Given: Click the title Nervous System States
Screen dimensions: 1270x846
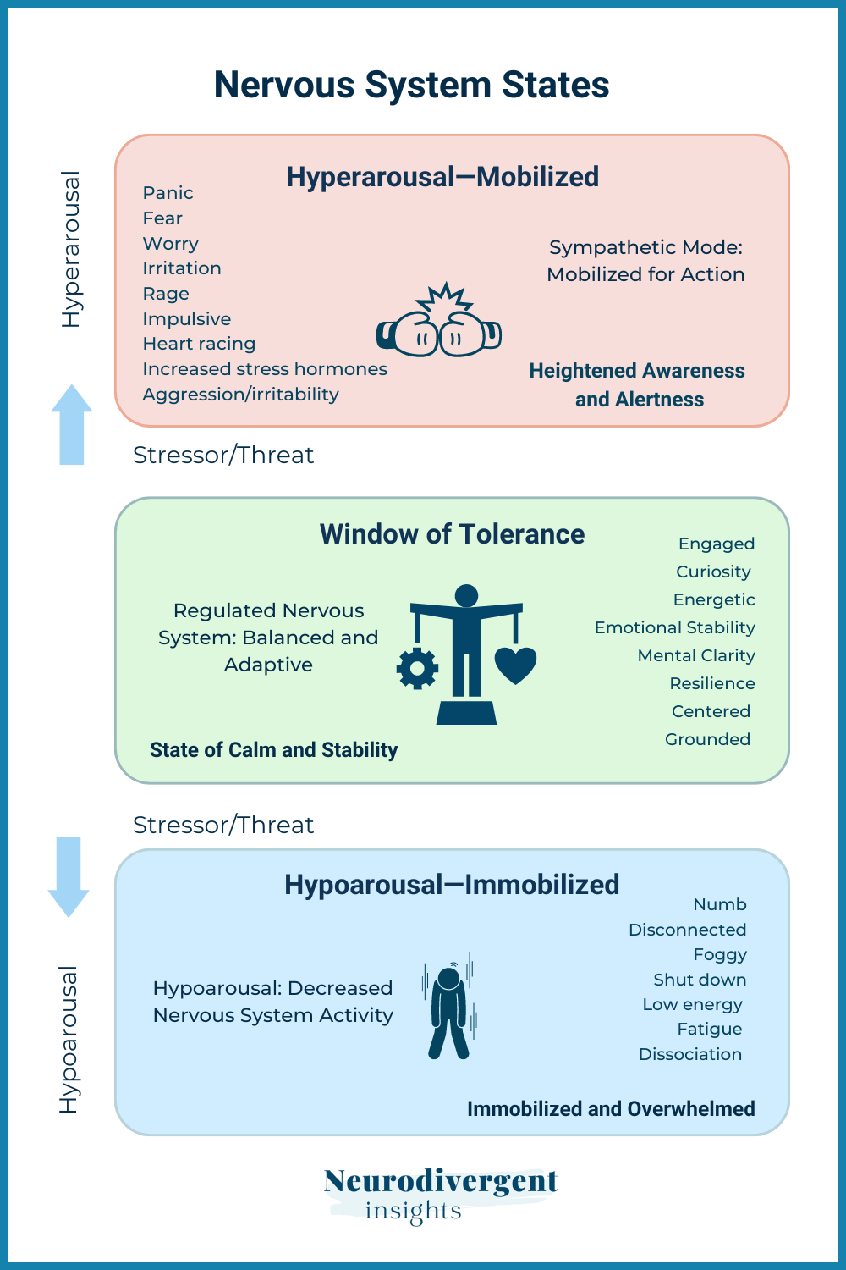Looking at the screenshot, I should click(411, 85).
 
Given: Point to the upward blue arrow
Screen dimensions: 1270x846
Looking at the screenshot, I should click(72, 425).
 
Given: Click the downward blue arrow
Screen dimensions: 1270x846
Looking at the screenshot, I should click(69, 876).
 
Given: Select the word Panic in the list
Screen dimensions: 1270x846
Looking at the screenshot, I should click(168, 193).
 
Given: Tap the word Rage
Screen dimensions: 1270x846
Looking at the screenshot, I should click(166, 294).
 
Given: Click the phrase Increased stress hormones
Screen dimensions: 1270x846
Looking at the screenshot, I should click(265, 369).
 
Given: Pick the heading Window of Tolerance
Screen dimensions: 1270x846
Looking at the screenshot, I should click(452, 534).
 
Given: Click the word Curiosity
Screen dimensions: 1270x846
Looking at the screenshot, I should click(713, 571).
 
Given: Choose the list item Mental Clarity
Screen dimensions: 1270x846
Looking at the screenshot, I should click(696, 655).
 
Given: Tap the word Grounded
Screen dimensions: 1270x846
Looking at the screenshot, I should click(707, 739).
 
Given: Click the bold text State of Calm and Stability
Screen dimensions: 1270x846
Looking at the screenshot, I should click(273, 750).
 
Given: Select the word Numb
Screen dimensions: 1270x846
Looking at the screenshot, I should click(720, 904).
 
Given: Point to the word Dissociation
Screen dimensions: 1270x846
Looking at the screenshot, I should click(690, 1054).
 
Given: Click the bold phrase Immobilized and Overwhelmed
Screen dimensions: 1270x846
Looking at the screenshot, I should click(611, 1109).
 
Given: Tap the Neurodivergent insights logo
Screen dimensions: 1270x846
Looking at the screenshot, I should click(440, 1194).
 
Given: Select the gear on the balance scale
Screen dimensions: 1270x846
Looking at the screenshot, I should click(417, 669).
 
